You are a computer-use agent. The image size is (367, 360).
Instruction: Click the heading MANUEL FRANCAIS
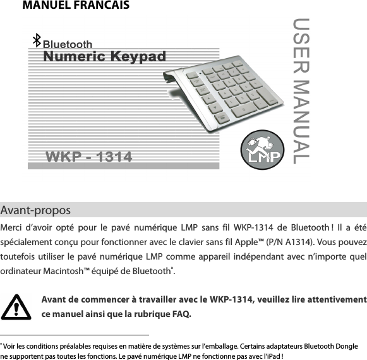[76, 6]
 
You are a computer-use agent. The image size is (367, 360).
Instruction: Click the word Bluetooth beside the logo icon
[68, 44]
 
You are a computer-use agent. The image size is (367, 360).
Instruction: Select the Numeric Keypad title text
[105, 57]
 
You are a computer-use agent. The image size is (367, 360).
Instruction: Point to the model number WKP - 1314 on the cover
[89, 156]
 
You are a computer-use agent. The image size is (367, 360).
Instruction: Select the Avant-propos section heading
[36, 210]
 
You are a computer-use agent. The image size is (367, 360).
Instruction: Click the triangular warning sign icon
[21, 308]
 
